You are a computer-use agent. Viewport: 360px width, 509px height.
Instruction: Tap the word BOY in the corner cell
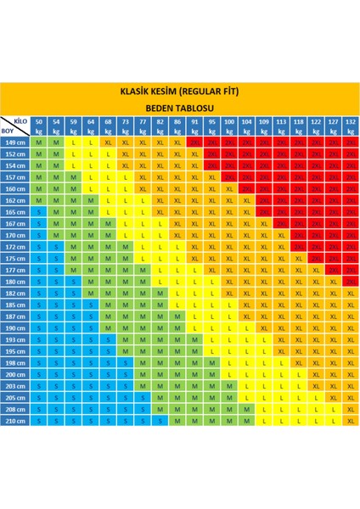click(9, 131)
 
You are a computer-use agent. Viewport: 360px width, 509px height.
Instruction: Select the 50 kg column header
click(40, 126)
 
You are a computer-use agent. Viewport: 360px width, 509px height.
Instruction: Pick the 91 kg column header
click(194, 126)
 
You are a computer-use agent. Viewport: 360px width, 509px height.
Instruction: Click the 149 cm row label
click(15, 143)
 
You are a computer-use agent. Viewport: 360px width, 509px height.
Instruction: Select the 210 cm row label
click(15, 419)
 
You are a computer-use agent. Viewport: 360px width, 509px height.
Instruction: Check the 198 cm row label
click(15, 361)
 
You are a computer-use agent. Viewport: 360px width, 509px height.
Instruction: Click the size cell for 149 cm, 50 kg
click(40, 143)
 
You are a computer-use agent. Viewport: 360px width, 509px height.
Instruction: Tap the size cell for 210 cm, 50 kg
click(40, 419)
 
